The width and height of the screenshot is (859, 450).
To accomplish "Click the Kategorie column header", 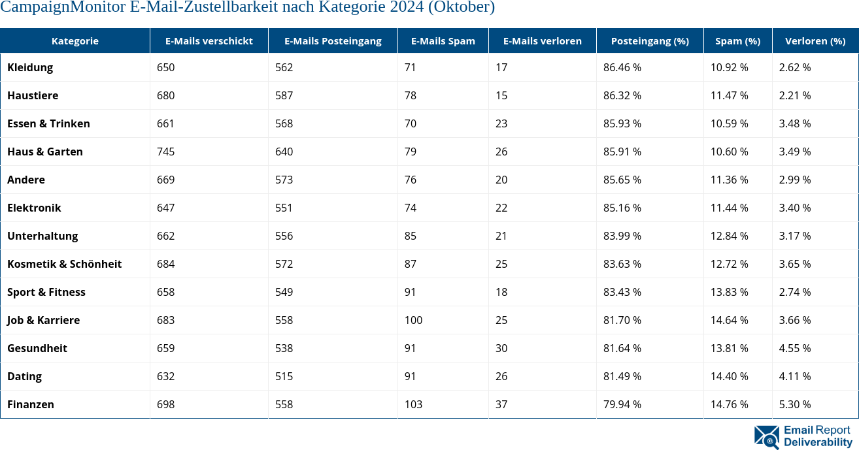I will coord(75,40).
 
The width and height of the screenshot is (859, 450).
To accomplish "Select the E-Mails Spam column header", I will coord(443,40).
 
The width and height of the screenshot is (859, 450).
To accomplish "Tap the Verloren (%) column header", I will coord(815,40).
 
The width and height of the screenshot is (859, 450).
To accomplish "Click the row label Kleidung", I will coord(30,67).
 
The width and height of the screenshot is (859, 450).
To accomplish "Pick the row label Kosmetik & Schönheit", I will coord(64,264).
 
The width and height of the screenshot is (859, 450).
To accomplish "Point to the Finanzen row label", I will coord(31,404).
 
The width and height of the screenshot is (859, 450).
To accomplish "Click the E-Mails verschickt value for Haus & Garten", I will coord(166,152).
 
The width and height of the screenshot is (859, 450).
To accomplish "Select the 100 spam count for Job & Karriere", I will coord(413,320).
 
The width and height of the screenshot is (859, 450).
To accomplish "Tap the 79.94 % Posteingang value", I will coord(622,404).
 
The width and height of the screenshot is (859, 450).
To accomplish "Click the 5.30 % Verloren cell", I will coord(794,404).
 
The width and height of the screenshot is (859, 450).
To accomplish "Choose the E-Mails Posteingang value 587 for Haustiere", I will coord(284,95).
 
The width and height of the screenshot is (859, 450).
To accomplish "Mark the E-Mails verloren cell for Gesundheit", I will coord(501,348).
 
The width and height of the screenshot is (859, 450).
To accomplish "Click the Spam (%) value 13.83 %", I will coord(729,292).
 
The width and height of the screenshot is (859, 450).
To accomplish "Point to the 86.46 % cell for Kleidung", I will coord(622,67).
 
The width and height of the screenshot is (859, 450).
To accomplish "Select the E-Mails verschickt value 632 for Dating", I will coord(166,376).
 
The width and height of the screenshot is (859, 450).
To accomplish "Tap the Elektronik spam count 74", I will coord(411,208).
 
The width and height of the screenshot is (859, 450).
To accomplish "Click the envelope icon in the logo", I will coord(766,437).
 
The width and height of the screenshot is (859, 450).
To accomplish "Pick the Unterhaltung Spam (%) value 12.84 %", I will coord(729,236).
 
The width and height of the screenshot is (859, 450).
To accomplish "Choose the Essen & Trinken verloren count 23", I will coord(501,123).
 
